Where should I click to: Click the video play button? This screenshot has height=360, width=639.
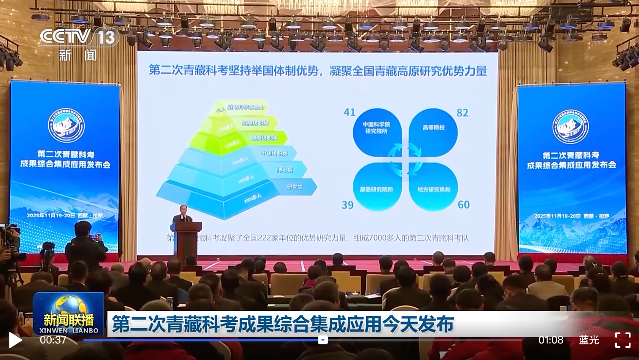(15, 340)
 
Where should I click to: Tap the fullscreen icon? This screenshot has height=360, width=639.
(622, 340)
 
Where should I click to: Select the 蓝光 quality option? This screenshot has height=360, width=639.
(589, 340)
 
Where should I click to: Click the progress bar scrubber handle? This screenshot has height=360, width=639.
(323, 340)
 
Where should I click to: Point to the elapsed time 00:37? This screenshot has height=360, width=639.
(53, 340)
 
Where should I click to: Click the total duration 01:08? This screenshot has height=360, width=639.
(551, 340)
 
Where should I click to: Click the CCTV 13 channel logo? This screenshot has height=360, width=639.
(78, 37)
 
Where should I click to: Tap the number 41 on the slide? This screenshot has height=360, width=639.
(350, 112)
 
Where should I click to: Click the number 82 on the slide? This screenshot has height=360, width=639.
(462, 113)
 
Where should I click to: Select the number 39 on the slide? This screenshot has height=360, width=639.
(347, 205)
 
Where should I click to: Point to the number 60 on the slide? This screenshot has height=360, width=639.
(464, 205)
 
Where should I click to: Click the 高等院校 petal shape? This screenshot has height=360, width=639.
(433, 132)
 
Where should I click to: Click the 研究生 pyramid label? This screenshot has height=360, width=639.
(295, 187)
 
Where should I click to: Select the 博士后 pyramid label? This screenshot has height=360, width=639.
(285, 170)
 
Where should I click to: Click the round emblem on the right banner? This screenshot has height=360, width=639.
(571, 126)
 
